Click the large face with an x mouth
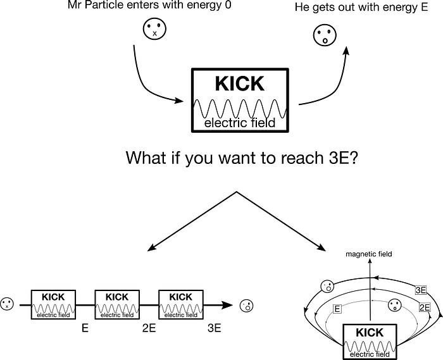tap(155, 28)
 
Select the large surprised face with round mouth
tap(325, 35)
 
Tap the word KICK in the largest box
tap(240, 84)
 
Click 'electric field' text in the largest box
tap(240, 123)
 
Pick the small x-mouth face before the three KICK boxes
tap(6, 304)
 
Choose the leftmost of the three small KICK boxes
tap(54, 304)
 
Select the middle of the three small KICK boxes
tap(117, 304)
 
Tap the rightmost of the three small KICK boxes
tap(181, 304)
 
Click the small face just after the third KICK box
tap(247, 306)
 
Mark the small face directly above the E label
tap(327, 287)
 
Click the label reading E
tap(337, 309)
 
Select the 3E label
tap(421, 290)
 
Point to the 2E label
tap(425, 308)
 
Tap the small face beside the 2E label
tap(395, 306)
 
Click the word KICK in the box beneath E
tap(370, 333)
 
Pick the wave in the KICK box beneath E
tap(370, 346)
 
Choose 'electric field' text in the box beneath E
tap(370, 354)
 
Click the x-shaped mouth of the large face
tap(155, 34)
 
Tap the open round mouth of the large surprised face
tap(325, 41)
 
